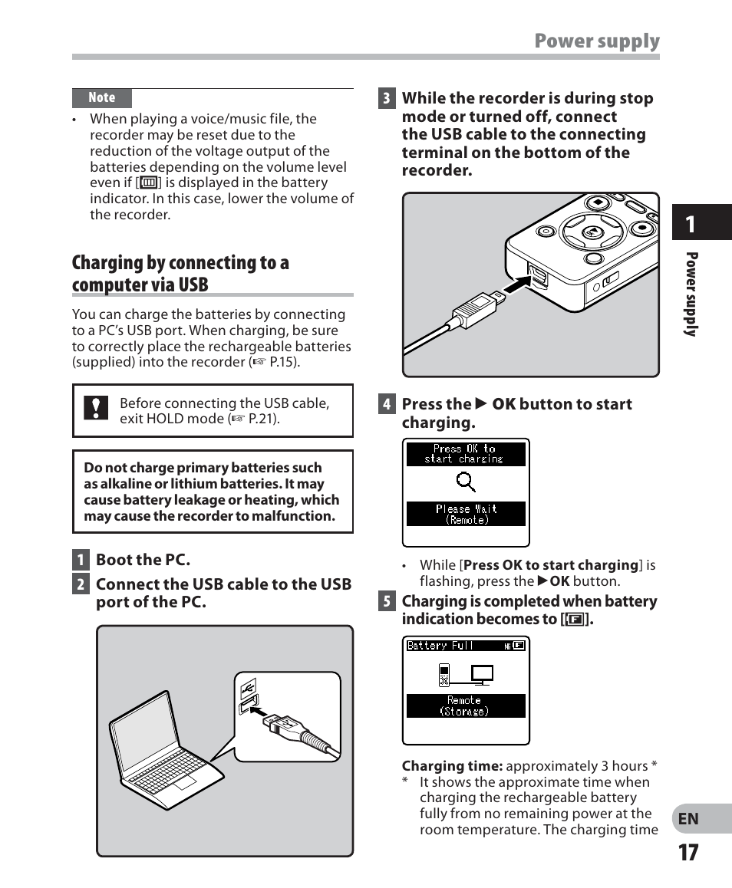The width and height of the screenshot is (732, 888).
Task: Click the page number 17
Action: (x=688, y=852)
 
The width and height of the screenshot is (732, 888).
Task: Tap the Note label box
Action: (x=102, y=98)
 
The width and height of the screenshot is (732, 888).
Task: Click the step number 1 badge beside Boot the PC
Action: (x=80, y=560)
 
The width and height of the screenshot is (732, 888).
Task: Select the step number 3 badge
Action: (x=387, y=98)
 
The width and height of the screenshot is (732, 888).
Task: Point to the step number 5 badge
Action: (x=387, y=601)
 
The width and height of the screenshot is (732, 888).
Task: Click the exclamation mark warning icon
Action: (x=95, y=407)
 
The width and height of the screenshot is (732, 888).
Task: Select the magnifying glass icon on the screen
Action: (x=466, y=482)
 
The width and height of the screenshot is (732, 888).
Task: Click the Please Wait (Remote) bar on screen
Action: (x=466, y=514)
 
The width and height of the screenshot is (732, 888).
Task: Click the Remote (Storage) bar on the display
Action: (x=465, y=705)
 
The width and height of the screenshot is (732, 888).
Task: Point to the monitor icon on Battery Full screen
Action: (x=483, y=674)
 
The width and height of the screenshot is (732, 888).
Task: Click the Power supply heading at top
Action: (x=597, y=41)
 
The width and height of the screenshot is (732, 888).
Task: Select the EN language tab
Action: (x=688, y=819)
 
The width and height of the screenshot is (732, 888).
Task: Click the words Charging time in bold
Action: (x=452, y=766)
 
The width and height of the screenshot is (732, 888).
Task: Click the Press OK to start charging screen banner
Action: (x=466, y=454)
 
